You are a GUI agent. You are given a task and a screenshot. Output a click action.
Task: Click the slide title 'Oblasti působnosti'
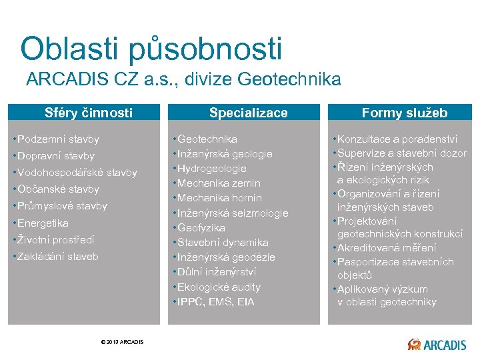click(x=151, y=49)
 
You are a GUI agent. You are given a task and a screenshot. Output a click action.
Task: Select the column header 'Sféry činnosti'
click(x=88, y=113)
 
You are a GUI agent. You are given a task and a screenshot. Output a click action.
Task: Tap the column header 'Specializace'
click(x=248, y=113)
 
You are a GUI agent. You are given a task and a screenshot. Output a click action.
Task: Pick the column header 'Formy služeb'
click(x=404, y=113)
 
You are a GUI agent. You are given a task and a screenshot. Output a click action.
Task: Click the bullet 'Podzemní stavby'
click(x=58, y=139)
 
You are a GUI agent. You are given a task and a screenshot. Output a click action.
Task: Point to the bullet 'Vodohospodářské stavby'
click(x=77, y=173)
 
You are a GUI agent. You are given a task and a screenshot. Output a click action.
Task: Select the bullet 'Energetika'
click(x=43, y=223)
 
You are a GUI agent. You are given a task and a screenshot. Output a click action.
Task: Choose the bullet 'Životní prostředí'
click(x=55, y=239)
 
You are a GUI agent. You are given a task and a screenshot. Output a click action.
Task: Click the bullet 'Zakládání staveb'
click(x=57, y=256)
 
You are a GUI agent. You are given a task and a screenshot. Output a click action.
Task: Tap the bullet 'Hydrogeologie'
click(x=211, y=169)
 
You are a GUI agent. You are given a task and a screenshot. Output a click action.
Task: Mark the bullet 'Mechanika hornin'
click(x=219, y=198)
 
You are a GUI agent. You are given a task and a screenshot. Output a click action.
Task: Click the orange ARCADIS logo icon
click(x=414, y=344)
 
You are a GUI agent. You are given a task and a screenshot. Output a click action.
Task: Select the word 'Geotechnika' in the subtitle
click(x=299, y=80)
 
